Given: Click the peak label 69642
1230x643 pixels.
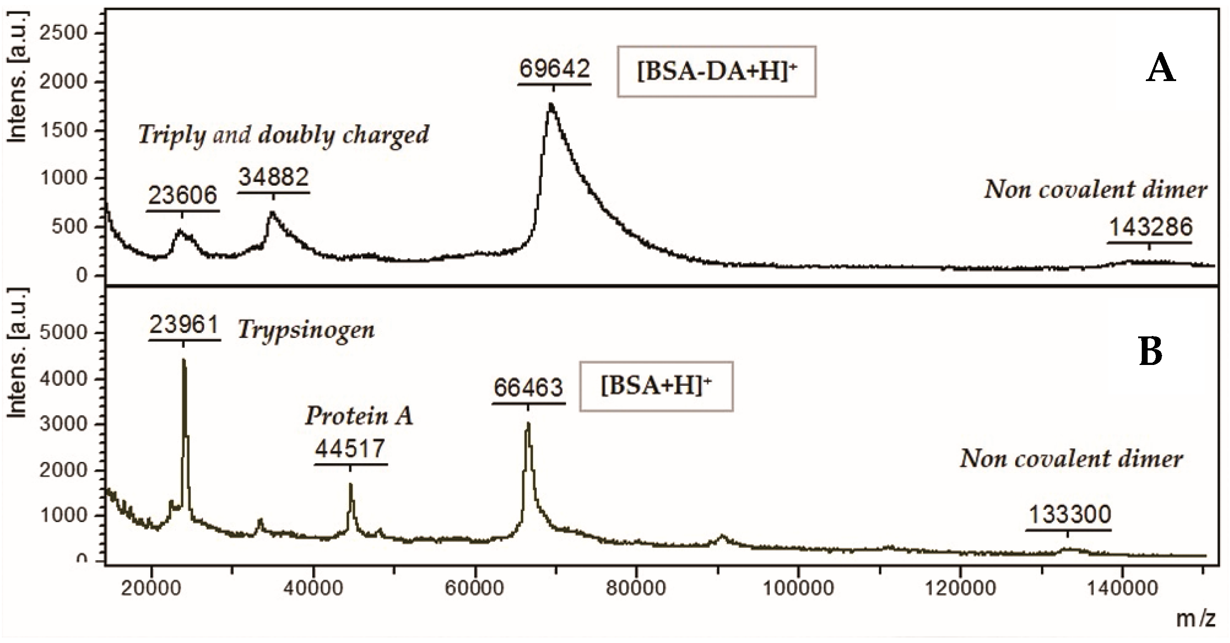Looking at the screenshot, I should [554, 70].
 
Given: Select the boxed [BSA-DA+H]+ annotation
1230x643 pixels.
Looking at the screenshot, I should [716, 72].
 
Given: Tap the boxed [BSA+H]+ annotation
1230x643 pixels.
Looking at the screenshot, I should [656, 386].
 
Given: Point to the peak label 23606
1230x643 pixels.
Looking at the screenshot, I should [182, 195].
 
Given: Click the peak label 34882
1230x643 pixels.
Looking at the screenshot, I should [274, 178].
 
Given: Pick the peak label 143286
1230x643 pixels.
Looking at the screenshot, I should [1150, 227].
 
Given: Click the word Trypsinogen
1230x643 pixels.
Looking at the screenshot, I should [306, 330].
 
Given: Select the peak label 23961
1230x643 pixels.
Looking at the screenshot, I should [184, 326].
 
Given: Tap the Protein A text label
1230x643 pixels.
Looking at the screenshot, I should [359, 416].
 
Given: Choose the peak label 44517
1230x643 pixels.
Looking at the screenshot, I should [350, 449].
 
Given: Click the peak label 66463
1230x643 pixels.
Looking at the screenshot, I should [529, 388].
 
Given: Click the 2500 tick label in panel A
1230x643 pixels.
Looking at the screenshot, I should [63, 34].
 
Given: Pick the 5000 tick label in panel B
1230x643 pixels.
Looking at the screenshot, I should [63, 333].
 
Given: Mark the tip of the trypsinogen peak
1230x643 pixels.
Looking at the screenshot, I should [184, 360].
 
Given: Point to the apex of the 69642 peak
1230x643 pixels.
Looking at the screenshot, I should [551, 104].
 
